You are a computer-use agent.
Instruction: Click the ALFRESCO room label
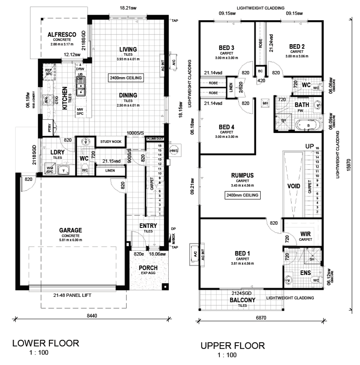click(62, 34)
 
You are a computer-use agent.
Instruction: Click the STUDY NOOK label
click(111, 142)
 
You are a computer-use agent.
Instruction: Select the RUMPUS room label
click(242, 175)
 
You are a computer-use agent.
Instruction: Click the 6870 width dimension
click(261, 318)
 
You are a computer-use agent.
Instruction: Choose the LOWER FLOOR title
click(45, 343)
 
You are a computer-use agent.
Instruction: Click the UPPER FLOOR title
click(233, 346)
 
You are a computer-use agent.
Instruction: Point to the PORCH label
click(148, 268)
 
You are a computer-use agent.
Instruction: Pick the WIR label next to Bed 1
click(305, 234)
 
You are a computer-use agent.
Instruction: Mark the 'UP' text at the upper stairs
click(309, 146)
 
